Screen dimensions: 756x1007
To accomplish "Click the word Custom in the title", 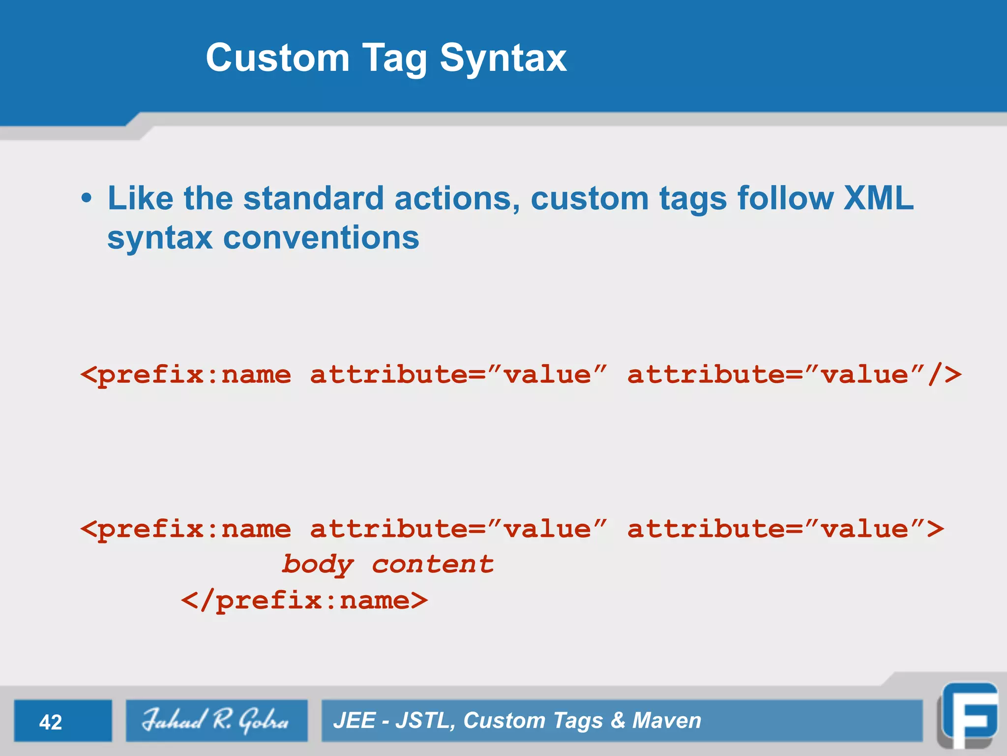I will pos(277,58).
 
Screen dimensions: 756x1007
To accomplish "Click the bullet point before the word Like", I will pos(87,198).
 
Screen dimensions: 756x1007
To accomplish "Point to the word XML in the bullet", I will pos(878,198).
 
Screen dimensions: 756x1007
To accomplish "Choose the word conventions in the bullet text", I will pos(321,238).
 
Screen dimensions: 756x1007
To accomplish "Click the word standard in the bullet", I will pos(313,198).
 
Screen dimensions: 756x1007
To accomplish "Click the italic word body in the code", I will pos(318,565).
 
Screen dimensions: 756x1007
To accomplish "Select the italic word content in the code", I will pos(433,565).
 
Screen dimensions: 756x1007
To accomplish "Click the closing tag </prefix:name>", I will pos(304,600).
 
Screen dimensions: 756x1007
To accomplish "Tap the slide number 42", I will pos(51,722).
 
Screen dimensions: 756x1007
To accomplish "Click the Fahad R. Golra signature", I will pos(215,721).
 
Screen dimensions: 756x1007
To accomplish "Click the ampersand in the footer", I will pos(618,721).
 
